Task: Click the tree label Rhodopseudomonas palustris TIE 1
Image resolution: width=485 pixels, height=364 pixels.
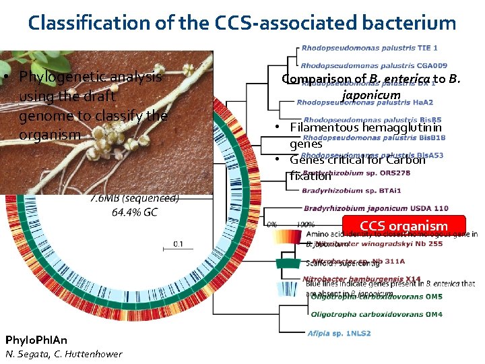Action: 369,48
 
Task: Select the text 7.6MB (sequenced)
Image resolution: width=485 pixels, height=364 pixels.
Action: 134,198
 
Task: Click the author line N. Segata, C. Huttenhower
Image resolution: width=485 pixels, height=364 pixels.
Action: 64,354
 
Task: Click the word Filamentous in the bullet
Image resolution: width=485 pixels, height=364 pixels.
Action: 325,127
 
